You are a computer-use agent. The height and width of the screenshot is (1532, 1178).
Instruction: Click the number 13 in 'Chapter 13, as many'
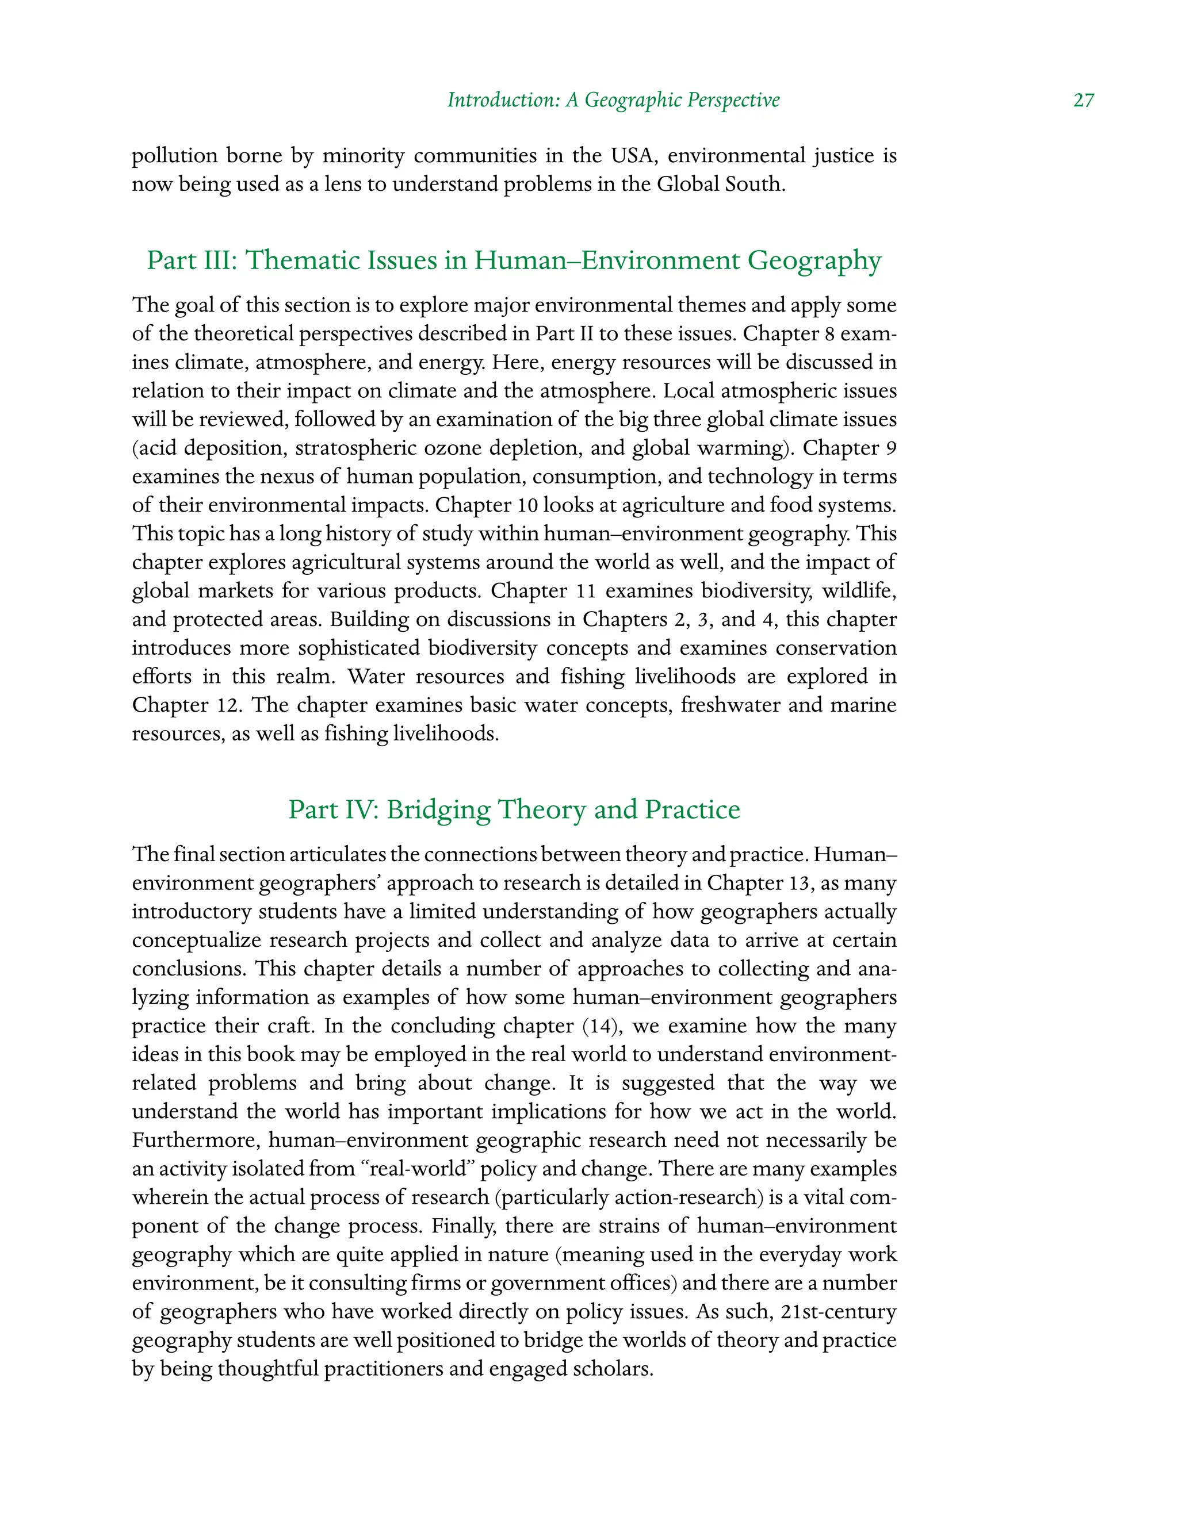pos(798,883)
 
